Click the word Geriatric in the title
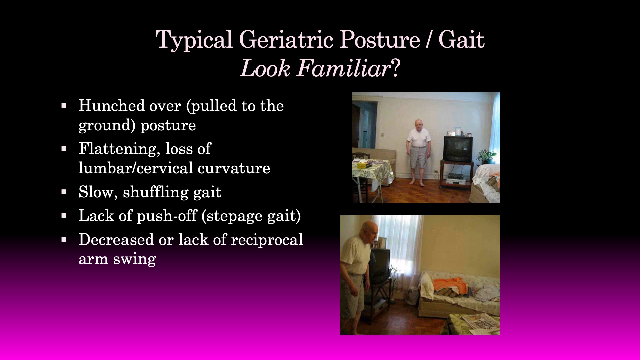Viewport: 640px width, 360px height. (x=286, y=40)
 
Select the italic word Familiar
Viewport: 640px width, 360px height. (x=343, y=68)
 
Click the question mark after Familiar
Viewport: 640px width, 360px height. (x=395, y=68)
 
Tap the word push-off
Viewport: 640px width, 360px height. (x=167, y=216)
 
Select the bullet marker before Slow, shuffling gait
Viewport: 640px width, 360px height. (x=64, y=192)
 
